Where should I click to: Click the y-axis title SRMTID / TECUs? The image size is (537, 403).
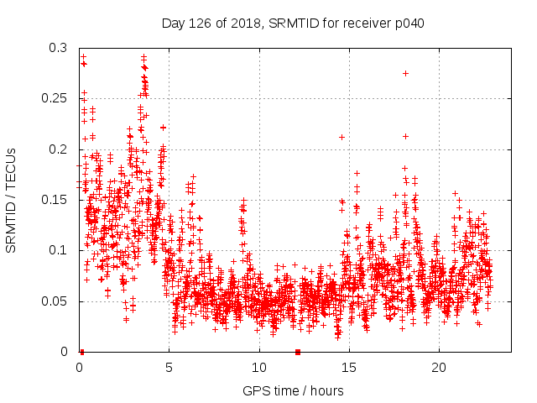pyautogui.click(x=11, y=200)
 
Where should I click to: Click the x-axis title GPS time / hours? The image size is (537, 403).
pyautogui.click(x=292, y=390)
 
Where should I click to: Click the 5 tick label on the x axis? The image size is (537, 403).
pyautogui.click(x=169, y=368)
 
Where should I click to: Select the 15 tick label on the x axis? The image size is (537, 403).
pyautogui.click(x=349, y=368)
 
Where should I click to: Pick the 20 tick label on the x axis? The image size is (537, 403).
pyautogui.click(x=439, y=368)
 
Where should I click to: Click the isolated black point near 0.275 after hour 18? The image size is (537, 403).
pyautogui.click(x=405, y=73)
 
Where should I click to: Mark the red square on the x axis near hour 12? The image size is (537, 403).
pyautogui.click(x=297, y=352)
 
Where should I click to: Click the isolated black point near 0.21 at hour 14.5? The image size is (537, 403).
pyautogui.click(x=341, y=137)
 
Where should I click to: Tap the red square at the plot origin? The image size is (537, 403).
pyautogui.click(x=81, y=352)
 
